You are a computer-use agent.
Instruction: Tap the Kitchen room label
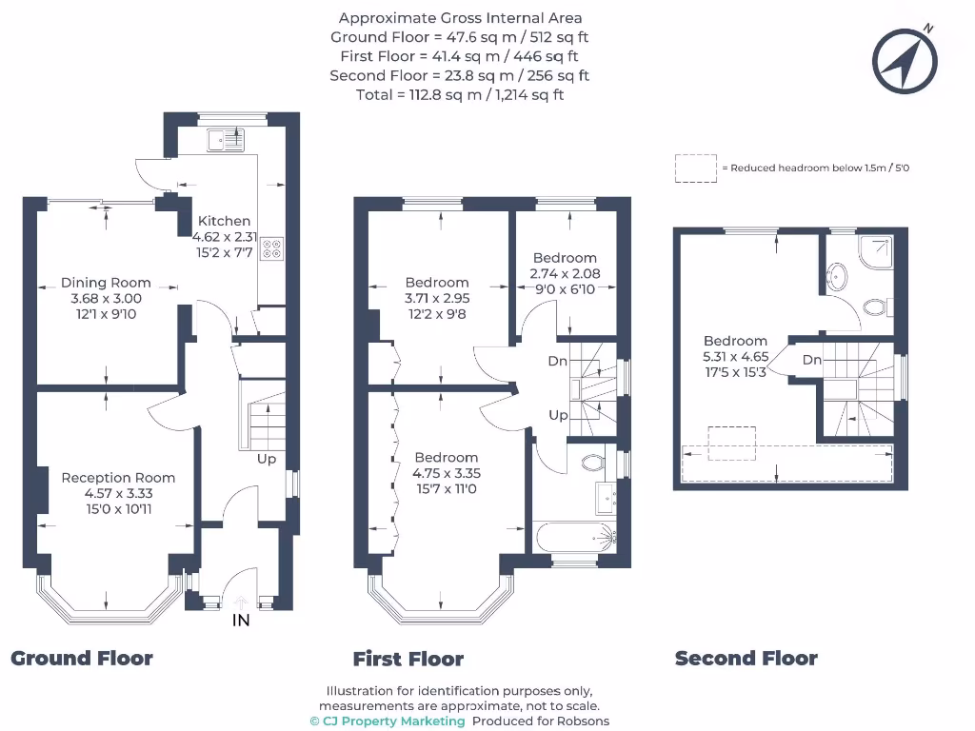click(x=224, y=221)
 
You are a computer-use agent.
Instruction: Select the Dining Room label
click(x=106, y=282)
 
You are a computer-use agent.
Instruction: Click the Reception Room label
click(x=118, y=478)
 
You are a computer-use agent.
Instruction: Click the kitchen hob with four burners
click(x=271, y=247)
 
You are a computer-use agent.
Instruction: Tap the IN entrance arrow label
click(x=241, y=621)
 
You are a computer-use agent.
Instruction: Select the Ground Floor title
click(x=82, y=658)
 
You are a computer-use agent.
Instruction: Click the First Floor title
click(x=408, y=659)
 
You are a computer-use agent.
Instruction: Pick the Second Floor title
click(x=746, y=658)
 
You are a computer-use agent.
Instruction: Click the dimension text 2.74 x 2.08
click(x=564, y=273)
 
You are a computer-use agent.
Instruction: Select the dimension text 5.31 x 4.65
click(x=735, y=357)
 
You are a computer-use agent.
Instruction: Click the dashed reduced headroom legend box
click(x=696, y=168)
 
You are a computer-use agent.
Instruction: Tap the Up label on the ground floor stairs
click(x=268, y=460)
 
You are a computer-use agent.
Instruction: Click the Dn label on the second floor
click(x=811, y=360)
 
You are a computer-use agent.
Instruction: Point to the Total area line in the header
click(x=460, y=94)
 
